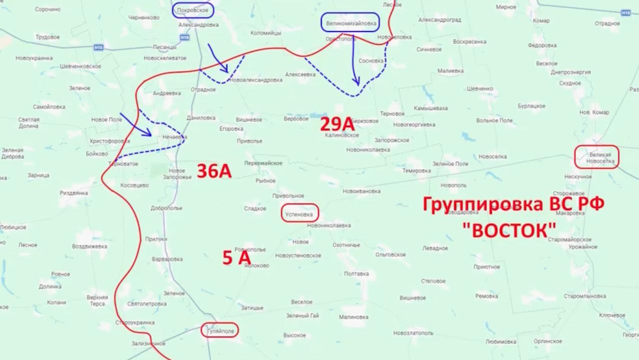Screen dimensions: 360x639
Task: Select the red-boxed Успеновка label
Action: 298,213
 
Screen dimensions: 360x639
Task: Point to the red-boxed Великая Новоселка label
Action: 596,157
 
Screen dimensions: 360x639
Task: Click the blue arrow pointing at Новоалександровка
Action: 218,58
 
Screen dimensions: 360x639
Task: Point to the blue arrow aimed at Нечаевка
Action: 136,124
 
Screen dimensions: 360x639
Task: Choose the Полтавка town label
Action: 356,273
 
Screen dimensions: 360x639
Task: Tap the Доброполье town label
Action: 166,208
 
